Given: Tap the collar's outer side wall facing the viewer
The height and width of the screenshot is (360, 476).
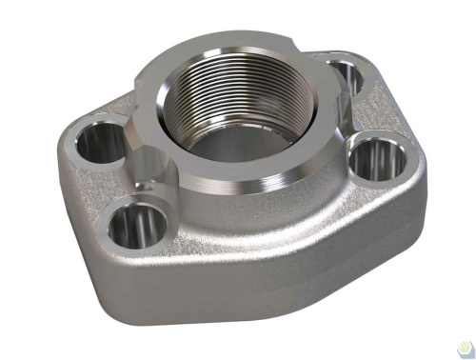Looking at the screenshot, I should click(228, 195).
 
